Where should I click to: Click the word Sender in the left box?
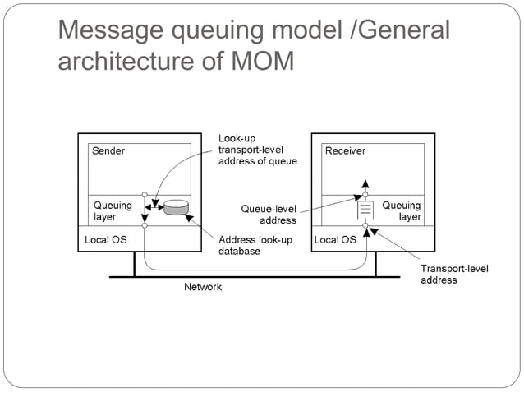coord(108,151)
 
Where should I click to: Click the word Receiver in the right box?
coord(345,151)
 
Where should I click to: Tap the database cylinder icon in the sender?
coord(176,208)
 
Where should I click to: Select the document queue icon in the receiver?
coord(365,211)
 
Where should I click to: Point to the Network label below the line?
coord(202,287)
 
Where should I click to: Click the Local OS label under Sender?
coord(106,240)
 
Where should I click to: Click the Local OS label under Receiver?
coord(336,240)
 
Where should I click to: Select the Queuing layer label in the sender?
coord(112,211)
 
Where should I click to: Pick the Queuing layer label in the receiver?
coord(402,211)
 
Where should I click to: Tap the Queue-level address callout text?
coord(269,215)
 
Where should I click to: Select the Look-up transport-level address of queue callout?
coord(257,149)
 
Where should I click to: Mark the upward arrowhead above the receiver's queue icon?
coord(366,183)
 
